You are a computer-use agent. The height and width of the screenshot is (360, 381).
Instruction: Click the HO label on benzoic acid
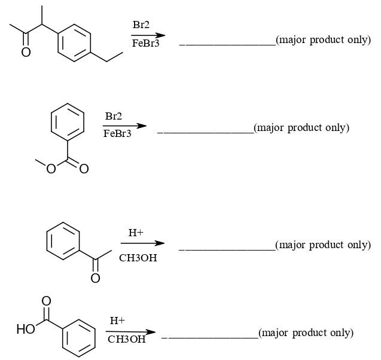coord(26,328)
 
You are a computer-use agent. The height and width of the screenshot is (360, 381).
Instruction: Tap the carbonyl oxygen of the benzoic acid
coord(46,301)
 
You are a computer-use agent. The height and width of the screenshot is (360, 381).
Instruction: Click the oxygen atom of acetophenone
coord(95,278)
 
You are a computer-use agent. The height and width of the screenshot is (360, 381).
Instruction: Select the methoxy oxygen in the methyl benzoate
coord(52,169)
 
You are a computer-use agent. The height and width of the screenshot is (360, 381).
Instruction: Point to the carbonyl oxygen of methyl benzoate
coord(84,169)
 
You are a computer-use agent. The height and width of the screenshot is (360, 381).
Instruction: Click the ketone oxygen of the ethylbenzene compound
coord(26,53)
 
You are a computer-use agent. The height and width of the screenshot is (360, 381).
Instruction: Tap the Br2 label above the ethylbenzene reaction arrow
coord(141,25)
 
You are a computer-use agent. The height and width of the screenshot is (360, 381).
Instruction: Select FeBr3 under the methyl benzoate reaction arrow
coord(117,133)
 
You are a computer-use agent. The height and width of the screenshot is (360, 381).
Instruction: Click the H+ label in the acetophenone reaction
coord(136,232)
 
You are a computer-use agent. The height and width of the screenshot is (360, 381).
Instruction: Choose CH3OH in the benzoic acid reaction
coord(126,339)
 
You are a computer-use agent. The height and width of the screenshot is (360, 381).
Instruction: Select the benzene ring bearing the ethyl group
coord(75,42)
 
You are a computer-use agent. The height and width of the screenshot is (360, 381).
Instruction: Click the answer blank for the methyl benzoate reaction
coord(205,131)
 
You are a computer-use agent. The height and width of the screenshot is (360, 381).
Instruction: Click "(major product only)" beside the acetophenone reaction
coord(323,245)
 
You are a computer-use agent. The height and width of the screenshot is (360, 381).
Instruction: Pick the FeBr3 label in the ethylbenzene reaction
coord(145,44)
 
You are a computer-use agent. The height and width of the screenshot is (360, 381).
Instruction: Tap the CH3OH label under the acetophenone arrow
coord(138,258)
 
